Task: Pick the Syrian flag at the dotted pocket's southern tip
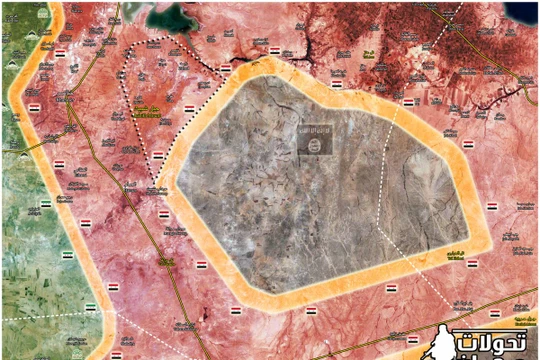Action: tap(158, 154)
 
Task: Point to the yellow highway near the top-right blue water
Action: tap(480, 60)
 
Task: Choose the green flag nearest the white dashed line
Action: tap(90, 306)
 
